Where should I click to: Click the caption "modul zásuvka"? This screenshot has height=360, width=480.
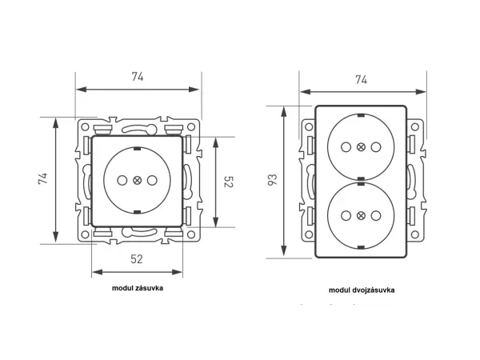click(138, 287)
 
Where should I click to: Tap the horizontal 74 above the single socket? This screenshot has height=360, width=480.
click(138, 77)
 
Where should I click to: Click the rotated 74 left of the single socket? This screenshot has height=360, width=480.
click(42, 179)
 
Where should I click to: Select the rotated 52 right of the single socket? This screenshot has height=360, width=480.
click(227, 182)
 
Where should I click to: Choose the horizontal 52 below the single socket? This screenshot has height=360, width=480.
click(137, 258)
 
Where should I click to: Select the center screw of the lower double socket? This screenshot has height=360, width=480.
click(360, 215)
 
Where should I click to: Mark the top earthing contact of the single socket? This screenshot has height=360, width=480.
click(137, 150)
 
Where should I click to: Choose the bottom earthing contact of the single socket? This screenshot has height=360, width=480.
click(137, 211)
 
